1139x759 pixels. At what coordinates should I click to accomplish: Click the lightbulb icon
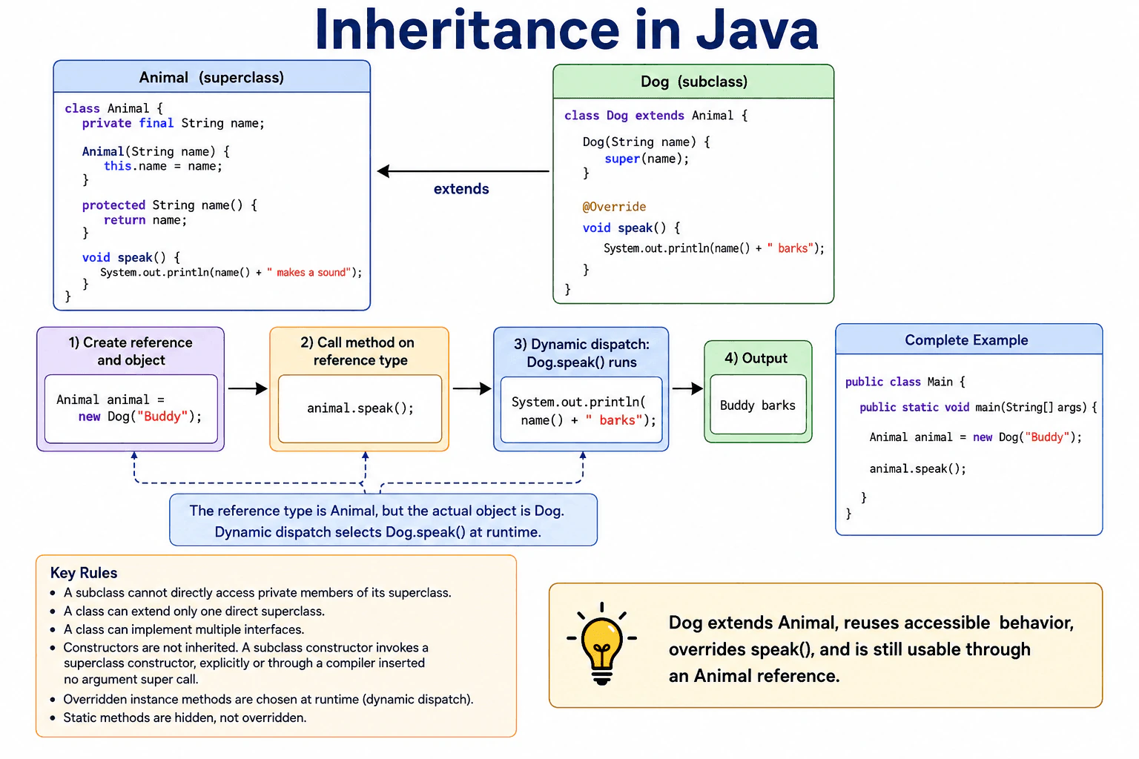[x=601, y=644]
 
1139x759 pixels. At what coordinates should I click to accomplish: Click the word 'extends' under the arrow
[x=461, y=189]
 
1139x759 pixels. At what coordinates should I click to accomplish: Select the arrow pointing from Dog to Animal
[x=463, y=171]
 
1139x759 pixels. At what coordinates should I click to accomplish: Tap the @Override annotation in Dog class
[x=614, y=207]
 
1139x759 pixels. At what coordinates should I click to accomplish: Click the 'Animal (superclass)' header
[x=211, y=77]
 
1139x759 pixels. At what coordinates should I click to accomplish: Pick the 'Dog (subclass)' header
[x=693, y=82]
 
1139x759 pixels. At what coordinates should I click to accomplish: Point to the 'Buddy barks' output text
[x=757, y=405]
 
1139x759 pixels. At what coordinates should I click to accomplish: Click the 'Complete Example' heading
[x=966, y=340]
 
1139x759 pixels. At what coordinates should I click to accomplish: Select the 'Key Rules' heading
[x=83, y=573]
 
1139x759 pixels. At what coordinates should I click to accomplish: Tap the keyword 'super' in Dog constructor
[x=622, y=159]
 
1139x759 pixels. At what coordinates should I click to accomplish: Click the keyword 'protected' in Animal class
[x=114, y=205]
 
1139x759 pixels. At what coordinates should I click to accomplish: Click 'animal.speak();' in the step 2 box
[x=360, y=408]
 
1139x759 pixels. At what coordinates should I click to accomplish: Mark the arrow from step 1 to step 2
[x=248, y=389]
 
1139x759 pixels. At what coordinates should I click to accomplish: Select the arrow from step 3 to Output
[x=687, y=389]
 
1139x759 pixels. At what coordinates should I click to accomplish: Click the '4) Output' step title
[x=756, y=359]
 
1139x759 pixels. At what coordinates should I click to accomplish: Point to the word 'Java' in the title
[x=757, y=30]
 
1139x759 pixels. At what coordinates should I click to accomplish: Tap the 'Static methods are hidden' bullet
[x=185, y=717]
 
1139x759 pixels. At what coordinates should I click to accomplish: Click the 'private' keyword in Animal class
[x=107, y=124]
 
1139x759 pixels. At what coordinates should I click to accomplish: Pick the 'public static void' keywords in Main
[x=914, y=407]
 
